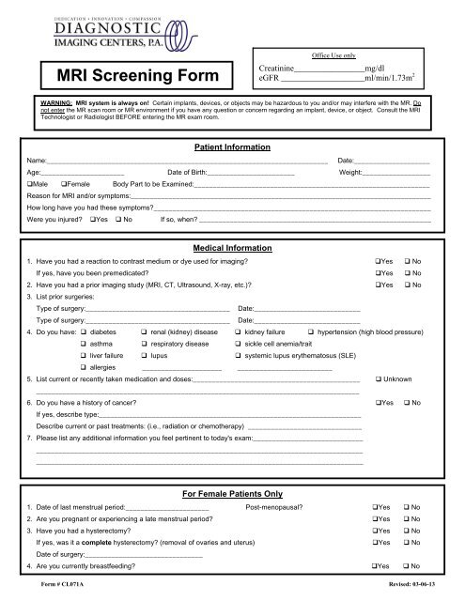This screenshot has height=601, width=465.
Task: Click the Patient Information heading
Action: pyautogui.click(x=231, y=147)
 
